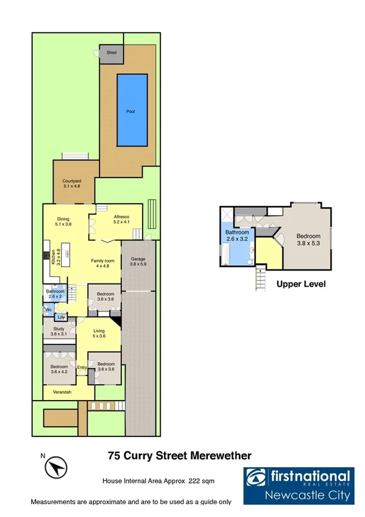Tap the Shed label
(112, 53)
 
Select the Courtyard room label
(72, 181)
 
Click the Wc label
(48, 310)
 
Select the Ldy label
(61, 317)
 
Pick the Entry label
(82, 367)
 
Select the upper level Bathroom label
(237, 232)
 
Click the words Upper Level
(301, 283)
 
